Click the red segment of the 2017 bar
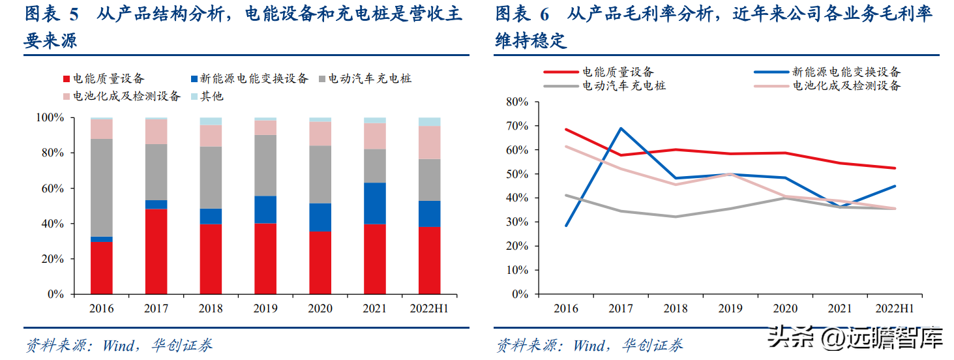click(x=156, y=252)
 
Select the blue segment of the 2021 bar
click(x=374, y=203)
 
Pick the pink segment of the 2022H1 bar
click(x=429, y=142)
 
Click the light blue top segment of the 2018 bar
click(x=211, y=121)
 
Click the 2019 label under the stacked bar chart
click(x=265, y=308)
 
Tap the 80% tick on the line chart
click(x=516, y=102)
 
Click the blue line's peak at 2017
click(x=619, y=128)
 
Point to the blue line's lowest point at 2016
click(x=565, y=226)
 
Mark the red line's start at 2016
click(x=565, y=130)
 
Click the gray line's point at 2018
click(x=674, y=217)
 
